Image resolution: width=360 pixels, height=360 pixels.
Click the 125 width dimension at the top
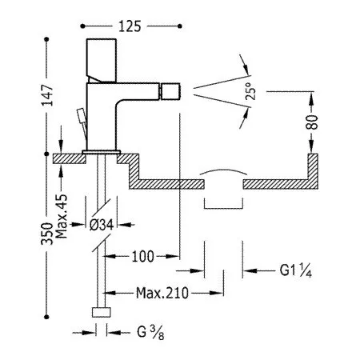[x=130, y=26]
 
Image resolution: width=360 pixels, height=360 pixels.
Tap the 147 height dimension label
[x=47, y=95]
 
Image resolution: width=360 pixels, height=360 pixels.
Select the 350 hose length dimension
[x=47, y=234]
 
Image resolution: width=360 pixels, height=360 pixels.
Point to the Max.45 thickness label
[x=62, y=217]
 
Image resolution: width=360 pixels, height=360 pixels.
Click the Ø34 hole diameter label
[x=102, y=225]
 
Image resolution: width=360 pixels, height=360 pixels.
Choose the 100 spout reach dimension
[x=143, y=256]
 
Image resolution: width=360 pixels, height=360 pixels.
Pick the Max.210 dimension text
[x=162, y=293]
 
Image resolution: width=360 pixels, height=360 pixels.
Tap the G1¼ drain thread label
[x=295, y=270]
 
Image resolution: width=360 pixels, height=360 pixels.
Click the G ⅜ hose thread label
[x=150, y=333]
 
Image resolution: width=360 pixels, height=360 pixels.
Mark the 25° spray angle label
[x=250, y=91]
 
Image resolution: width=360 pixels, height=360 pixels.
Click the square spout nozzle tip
[x=170, y=91]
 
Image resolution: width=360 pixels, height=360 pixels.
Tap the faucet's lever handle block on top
[x=102, y=61]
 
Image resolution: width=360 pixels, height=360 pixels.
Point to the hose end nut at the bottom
[x=102, y=312]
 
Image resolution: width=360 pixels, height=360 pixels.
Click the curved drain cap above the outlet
[x=224, y=171]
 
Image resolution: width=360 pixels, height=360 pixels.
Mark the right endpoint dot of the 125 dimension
[x=180, y=26]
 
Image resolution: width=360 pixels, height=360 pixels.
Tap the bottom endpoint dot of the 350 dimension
[x=47, y=317]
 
